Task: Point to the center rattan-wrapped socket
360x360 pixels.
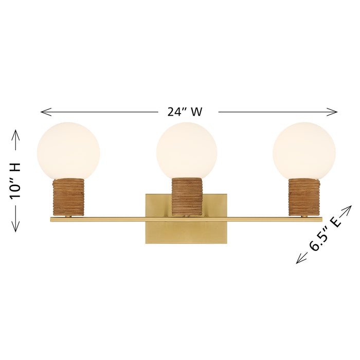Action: point(187,196)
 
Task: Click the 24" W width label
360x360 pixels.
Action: point(184,112)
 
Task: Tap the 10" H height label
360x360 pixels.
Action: point(15,180)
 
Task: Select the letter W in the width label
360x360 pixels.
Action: point(195,112)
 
